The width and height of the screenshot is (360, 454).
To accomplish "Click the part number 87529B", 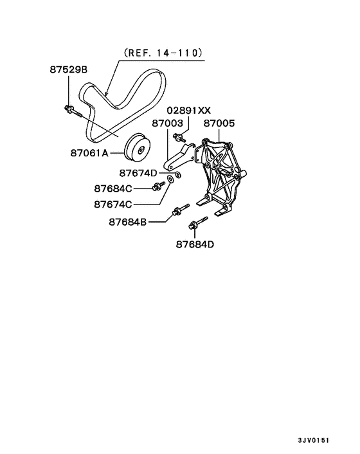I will [x=69, y=69].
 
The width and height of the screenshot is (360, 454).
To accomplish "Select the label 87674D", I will [x=139, y=173].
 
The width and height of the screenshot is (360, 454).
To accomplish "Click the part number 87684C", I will [x=113, y=188].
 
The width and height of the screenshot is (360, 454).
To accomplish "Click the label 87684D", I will [x=195, y=244].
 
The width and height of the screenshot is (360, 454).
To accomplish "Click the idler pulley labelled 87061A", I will [x=138, y=149].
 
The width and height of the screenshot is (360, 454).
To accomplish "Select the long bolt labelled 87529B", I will [x=75, y=114].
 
